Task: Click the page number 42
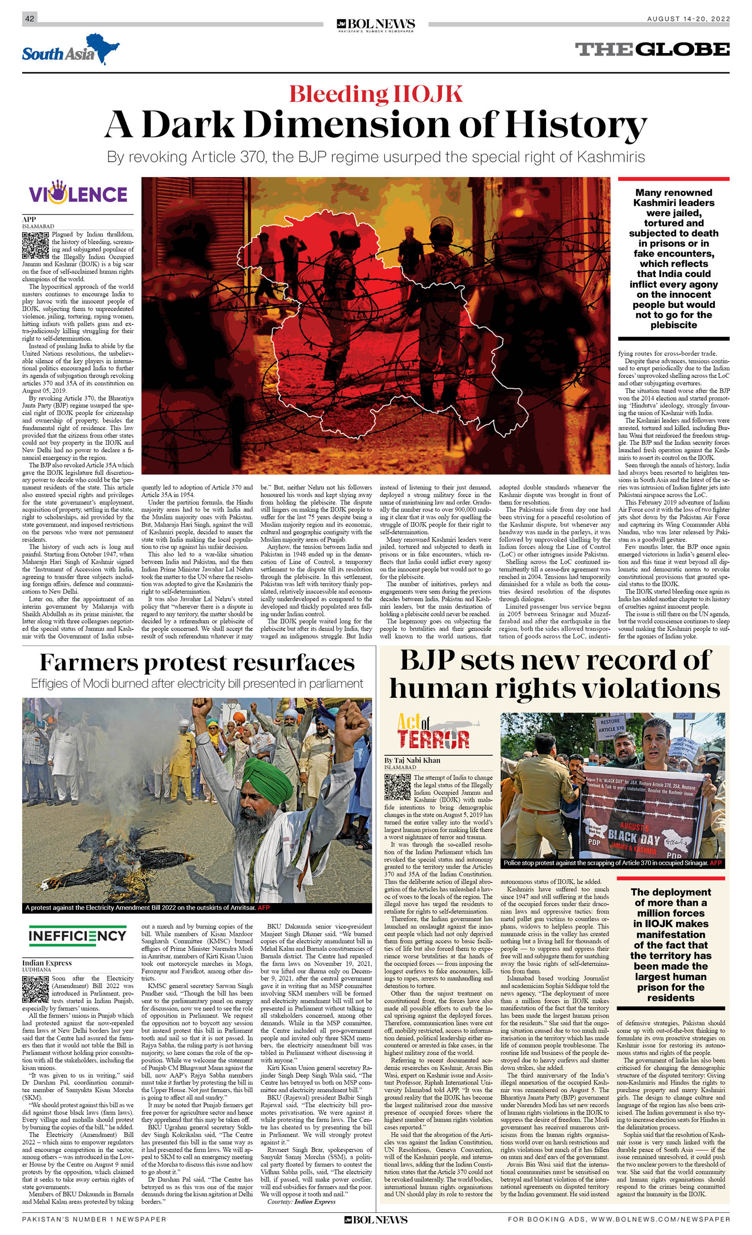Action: (29, 18)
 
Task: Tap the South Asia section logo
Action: (70, 51)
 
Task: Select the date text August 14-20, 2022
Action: (688, 19)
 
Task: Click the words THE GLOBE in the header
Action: (652, 49)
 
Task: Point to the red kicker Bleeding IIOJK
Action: (376, 94)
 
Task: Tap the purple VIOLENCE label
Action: (78, 194)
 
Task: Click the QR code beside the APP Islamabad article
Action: (35, 245)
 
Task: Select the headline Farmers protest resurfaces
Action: (197, 663)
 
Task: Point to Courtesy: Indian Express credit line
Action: (301, 1201)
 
